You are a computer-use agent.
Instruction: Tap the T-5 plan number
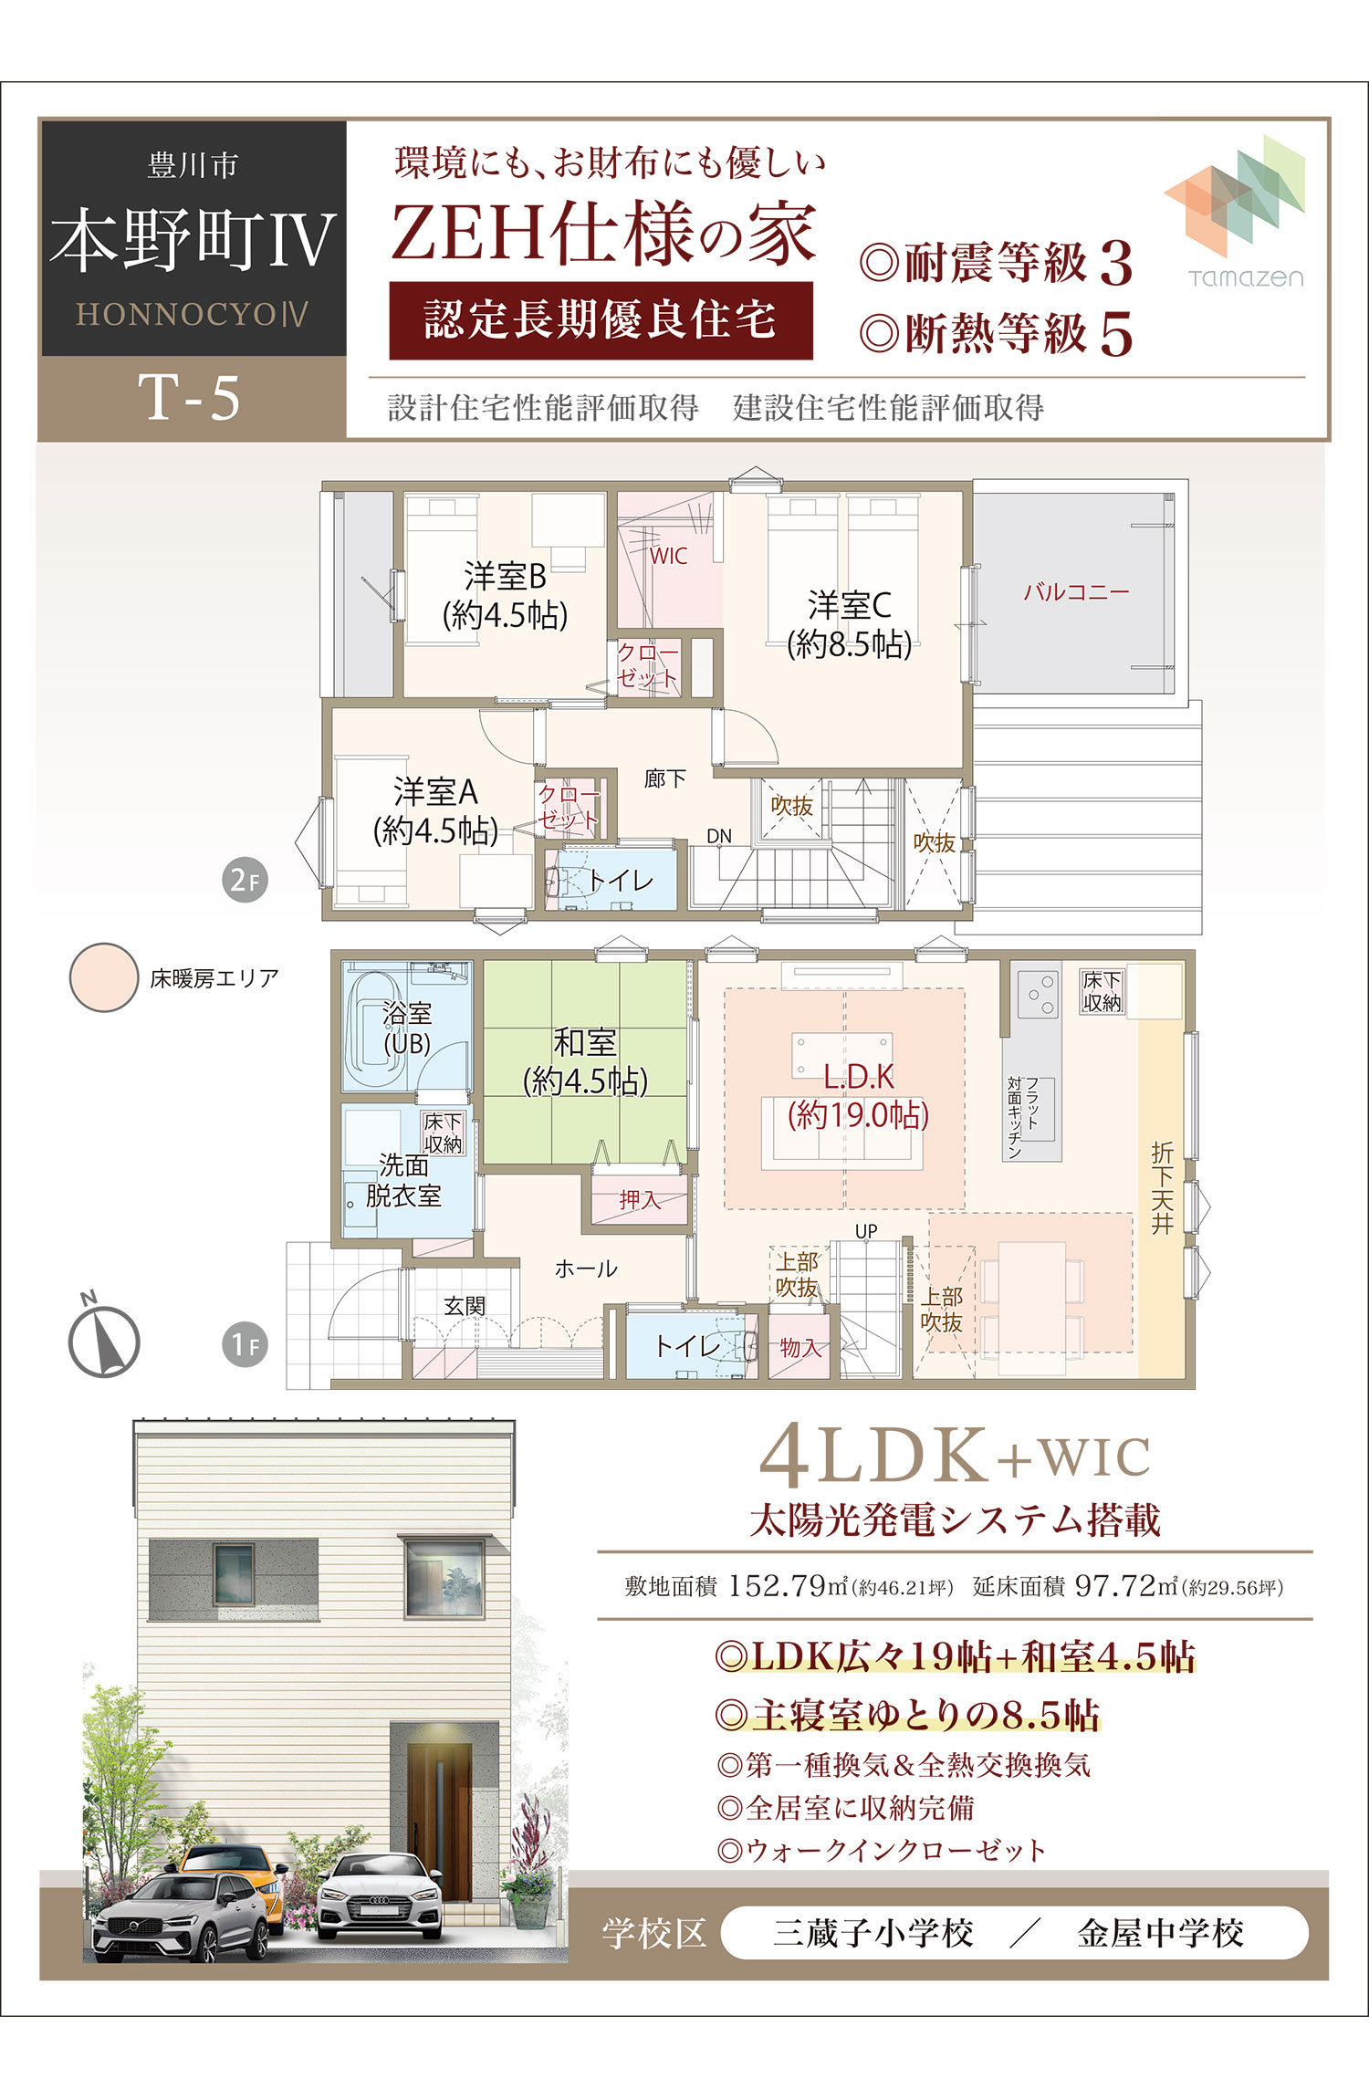click(x=190, y=398)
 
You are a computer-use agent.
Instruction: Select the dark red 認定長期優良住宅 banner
click(x=601, y=319)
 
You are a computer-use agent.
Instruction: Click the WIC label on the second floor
click(x=668, y=556)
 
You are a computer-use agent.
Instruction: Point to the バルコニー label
click(x=1076, y=591)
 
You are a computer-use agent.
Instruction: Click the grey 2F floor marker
click(x=245, y=880)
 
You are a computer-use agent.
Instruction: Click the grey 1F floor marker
click(x=245, y=1344)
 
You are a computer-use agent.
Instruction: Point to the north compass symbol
click(x=103, y=1337)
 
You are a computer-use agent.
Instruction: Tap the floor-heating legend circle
click(x=104, y=977)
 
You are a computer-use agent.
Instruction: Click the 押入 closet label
click(x=639, y=1199)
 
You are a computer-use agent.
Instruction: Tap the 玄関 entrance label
click(x=465, y=1306)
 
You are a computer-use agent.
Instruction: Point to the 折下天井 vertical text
click(x=1162, y=1187)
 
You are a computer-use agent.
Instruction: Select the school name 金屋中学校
click(x=1160, y=1933)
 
